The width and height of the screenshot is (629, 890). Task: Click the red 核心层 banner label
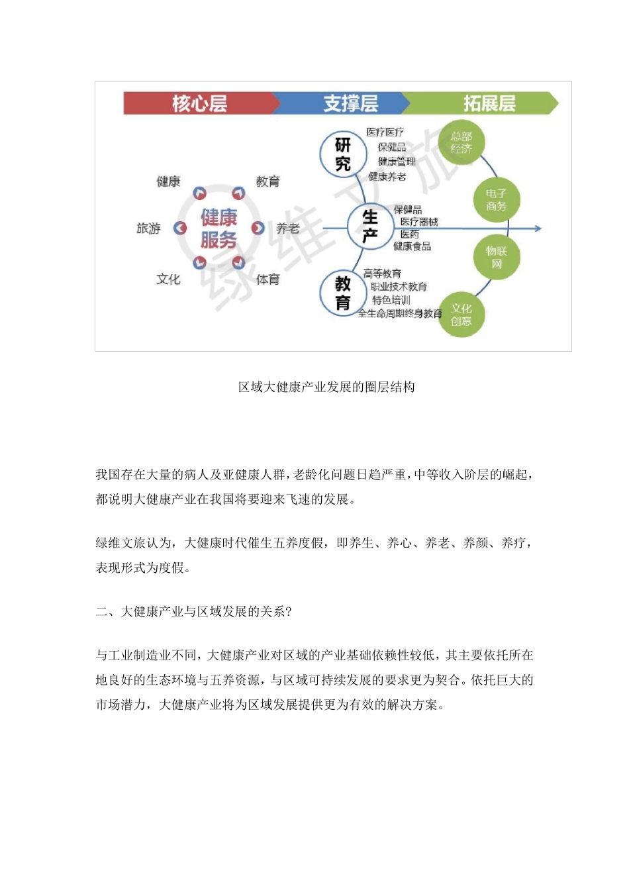[x=199, y=103]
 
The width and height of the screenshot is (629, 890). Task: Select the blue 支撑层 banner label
[x=350, y=103]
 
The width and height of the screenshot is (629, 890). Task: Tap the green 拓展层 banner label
[x=489, y=103]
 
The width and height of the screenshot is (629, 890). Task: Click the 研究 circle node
[x=343, y=154]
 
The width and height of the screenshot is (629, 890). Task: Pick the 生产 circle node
[x=370, y=226]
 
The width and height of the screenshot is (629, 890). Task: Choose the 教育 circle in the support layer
[x=343, y=293]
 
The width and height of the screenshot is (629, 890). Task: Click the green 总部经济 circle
[x=461, y=142]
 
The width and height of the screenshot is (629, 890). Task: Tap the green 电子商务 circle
[x=496, y=199]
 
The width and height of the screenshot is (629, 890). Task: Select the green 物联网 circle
[x=497, y=257]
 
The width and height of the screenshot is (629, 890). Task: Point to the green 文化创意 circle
[x=461, y=315]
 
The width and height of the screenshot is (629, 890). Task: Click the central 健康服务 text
[x=219, y=228]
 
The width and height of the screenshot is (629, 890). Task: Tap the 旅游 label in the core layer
[x=148, y=228]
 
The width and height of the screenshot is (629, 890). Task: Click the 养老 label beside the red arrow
[x=288, y=228]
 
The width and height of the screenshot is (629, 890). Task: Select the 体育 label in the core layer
[x=267, y=279]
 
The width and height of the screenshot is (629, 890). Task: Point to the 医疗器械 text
[x=418, y=222]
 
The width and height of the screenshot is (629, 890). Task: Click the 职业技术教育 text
[x=399, y=287]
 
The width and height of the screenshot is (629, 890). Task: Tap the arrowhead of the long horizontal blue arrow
[x=538, y=228]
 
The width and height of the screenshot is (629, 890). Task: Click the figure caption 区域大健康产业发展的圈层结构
[x=326, y=387]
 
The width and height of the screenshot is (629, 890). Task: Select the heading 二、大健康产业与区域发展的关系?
[x=193, y=611]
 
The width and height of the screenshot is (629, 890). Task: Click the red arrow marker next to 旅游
[x=180, y=228]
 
